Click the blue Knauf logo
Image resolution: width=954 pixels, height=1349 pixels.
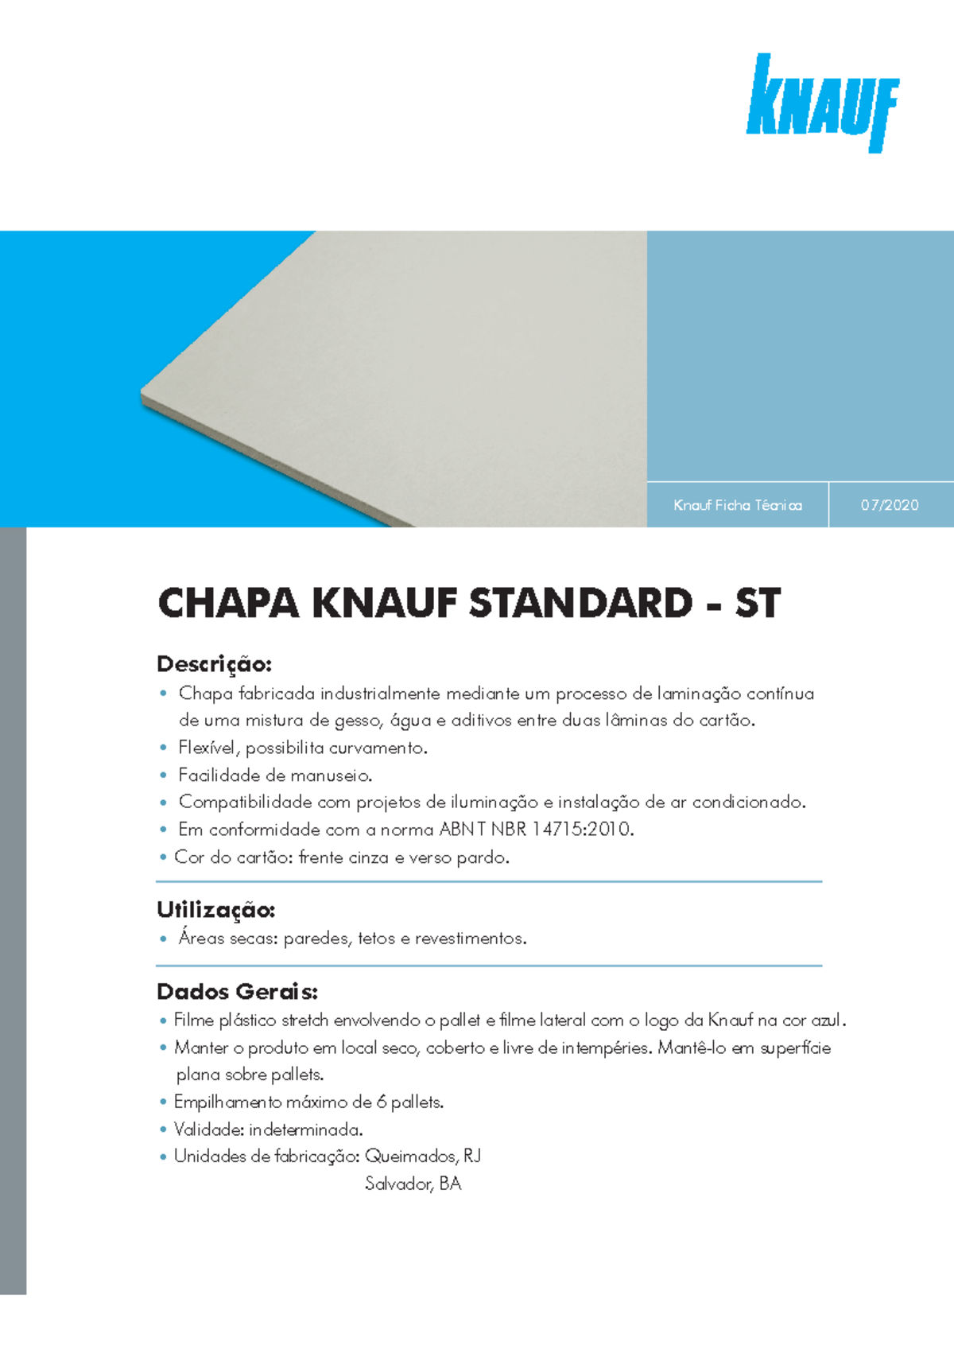pyautogui.click(x=822, y=103)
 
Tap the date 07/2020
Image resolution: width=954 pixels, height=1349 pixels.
pyautogui.click(x=890, y=505)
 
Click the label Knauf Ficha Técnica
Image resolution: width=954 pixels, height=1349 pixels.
pyautogui.click(x=738, y=505)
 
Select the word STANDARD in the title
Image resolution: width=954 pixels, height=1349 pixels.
pyautogui.click(x=580, y=603)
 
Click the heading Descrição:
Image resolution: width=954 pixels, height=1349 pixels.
pyautogui.click(x=215, y=663)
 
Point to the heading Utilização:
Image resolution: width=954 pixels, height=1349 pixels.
pyautogui.click(x=216, y=909)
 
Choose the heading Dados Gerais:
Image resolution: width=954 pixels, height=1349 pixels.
pyautogui.click(x=237, y=991)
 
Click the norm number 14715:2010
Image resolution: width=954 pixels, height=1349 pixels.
pyautogui.click(x=582, y=830)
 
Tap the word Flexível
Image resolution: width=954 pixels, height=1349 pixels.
pyautogui.click(x=207, y=748)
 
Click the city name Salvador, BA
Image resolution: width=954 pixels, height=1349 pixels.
pyautogui.click(x=413, y=1184)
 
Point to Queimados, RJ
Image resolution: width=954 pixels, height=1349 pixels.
pyautogui.click(x=423, y=1156)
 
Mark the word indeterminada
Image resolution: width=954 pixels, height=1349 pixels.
pyautogui.click(x=305, y=1129)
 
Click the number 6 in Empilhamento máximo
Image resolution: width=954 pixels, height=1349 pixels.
pyautogui.click(x=382, y=1102)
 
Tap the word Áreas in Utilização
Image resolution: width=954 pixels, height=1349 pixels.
pyautogui.click(x=201, y=939)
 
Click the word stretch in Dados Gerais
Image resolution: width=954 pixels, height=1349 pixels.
pyautogui.click(x=304, y=1020)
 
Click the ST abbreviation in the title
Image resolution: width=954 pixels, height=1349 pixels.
pyautogui.click(x=757, y=603)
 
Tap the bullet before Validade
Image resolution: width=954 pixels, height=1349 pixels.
pyautogui.click(x=163, y=1129)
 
